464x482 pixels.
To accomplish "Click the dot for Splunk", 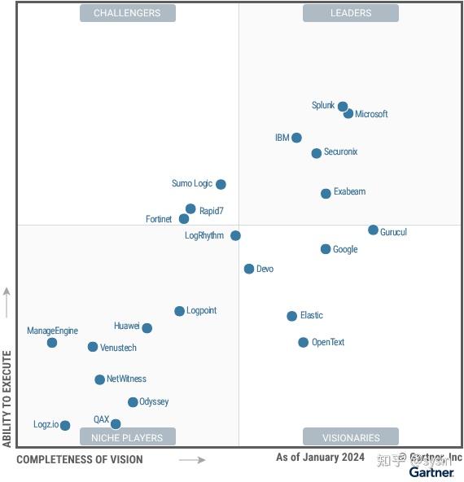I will (343, 107).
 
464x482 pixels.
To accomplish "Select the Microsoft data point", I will (348, 114).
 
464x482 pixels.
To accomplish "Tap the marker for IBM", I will (296, 138).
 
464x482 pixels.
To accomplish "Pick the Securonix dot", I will (317, 153).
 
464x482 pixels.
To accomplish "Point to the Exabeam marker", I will (326, 194).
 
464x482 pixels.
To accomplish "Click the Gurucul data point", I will (373, 230).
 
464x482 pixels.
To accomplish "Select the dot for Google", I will (326, 249).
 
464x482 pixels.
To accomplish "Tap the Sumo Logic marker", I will (221, 185).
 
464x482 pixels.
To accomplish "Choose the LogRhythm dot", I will (235, 236).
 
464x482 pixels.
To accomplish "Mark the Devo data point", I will (249, 269).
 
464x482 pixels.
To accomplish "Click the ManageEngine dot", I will (52, 343).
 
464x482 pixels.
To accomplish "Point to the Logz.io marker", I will (65, 426).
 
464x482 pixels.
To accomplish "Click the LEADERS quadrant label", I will (351, 13).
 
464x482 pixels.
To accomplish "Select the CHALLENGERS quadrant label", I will (127, 13).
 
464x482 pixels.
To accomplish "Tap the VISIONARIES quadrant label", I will (351, 437).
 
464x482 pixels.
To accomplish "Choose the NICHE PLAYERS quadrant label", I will (127, 437).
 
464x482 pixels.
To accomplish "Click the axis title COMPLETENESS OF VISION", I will (80, 460).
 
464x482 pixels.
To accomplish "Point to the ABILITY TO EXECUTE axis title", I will (7, 399).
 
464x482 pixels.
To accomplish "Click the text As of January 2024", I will (320, 458).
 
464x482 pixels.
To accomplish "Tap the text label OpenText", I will (328, 343).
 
